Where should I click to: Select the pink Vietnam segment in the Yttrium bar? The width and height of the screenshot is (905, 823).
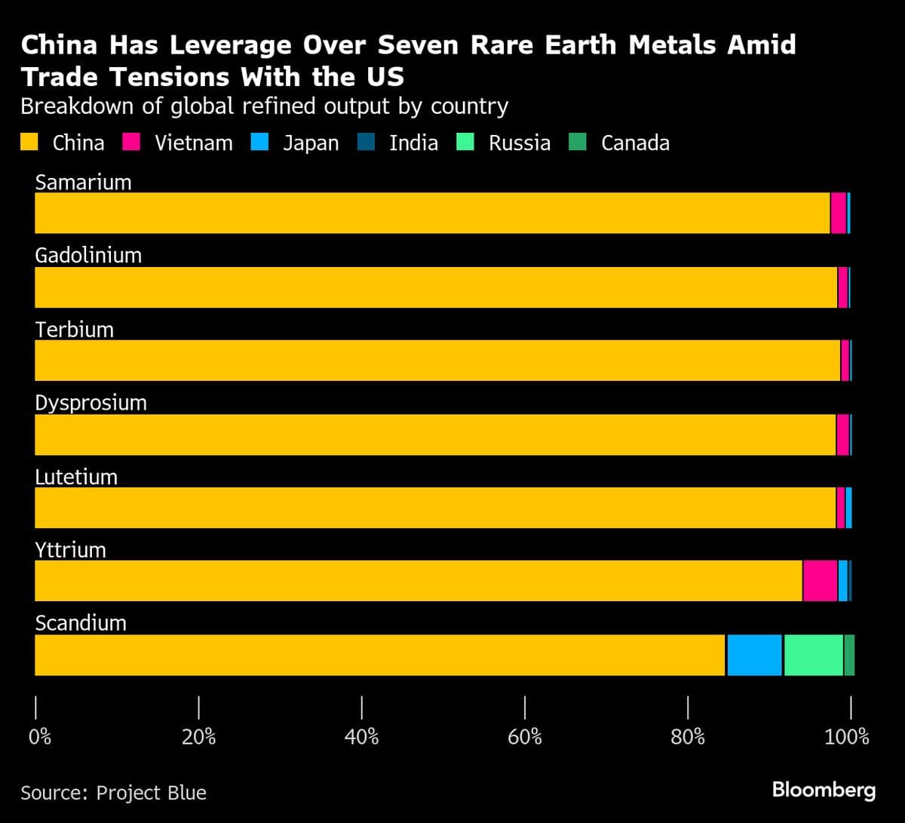coord(819,581)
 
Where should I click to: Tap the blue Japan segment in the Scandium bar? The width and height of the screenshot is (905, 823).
coord(754,655)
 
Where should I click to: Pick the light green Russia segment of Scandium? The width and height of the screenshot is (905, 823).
coord(813,655)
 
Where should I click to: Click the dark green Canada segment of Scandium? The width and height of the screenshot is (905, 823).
coord(849,655)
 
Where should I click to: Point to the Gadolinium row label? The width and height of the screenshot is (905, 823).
coord(88,255)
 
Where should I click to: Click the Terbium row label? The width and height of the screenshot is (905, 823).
coord(74,329)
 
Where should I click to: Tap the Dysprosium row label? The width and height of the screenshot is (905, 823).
coord(90,403)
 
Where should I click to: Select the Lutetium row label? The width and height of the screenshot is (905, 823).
coord(76,477)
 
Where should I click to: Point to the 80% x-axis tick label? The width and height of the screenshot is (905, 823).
coord(687,737)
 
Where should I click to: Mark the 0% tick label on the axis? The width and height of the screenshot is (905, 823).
coord(39,737)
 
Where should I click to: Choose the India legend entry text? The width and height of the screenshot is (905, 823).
coord(413,143)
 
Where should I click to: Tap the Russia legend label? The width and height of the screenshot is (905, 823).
coord(519,143)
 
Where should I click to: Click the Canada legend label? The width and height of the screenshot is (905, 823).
coord(635,143)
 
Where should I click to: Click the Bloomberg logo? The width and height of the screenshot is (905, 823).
coord(824,791)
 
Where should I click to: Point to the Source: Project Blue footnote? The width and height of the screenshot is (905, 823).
coord(113,793)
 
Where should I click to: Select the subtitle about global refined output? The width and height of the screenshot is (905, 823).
coord(264,106)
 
